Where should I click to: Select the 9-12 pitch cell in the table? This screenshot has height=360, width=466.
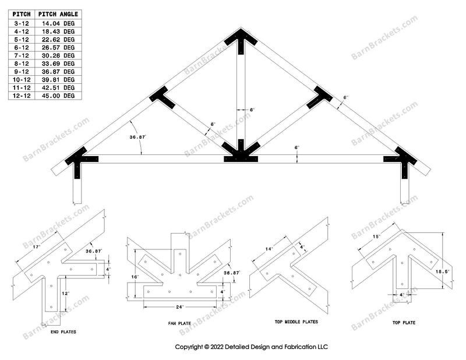22,72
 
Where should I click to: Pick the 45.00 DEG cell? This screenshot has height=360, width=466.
58,96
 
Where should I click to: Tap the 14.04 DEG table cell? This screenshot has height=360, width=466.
58,23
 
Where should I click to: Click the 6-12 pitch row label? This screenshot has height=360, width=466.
22,47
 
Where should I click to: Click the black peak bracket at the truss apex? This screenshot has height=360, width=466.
241,41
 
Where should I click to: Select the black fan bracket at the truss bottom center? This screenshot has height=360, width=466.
241,154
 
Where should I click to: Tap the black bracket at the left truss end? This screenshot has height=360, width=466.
79,158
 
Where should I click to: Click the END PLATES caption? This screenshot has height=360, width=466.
64,332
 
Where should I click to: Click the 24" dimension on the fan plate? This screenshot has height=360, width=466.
180,307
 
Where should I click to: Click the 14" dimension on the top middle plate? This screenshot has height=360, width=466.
269,249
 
